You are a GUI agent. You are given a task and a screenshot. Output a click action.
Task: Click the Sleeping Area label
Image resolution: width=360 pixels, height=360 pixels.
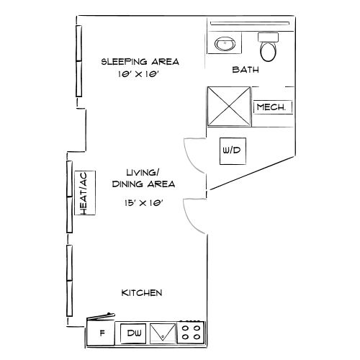click(x=140, y=62)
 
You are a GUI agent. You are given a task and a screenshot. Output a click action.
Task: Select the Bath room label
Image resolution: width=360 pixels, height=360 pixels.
click(x=246, y=71)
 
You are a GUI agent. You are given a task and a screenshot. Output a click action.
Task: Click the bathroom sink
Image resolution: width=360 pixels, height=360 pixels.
click(x=225, y=43)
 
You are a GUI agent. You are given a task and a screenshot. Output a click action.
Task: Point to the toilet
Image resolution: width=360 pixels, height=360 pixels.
click(x=269, y=49)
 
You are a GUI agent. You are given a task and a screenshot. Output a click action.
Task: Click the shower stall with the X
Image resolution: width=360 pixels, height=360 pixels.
click(x=229, y=106)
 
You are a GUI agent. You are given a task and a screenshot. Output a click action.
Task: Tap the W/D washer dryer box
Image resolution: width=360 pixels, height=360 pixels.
click(x=231, y=151)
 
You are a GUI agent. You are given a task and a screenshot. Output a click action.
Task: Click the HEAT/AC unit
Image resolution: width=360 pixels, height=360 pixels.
click(x=84, y=192)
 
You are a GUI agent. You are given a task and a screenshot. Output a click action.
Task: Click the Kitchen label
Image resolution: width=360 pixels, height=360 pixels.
click(x=141, y=293)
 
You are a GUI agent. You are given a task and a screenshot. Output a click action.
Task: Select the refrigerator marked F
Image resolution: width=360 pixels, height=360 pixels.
click(x=102, y=333)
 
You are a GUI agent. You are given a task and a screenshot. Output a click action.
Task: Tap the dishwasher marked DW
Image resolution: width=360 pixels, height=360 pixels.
click(x=133, y=333)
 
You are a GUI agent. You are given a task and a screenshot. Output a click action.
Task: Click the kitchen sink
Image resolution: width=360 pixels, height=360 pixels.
click(x=164, y=332)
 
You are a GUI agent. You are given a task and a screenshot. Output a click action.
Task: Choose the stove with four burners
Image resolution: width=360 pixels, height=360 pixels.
click(x=192, y=332)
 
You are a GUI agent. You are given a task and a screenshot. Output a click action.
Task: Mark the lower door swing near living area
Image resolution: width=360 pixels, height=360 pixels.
click(x=195, y=215)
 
